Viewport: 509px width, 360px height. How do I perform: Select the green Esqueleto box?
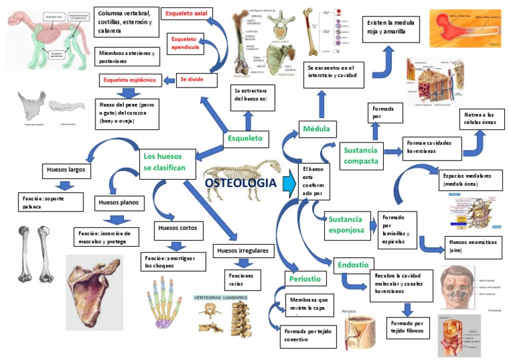coord(245,139)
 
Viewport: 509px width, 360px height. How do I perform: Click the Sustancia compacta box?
coord(361,156)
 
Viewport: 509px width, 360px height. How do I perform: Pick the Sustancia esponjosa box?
coord(347,224)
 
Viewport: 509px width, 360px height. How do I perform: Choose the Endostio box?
coord(353,265)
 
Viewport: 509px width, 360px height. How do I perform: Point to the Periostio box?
coord(305,279)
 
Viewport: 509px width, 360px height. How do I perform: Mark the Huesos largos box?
coord(66,170)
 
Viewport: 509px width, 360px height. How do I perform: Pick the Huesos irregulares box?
coord(243,251)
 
